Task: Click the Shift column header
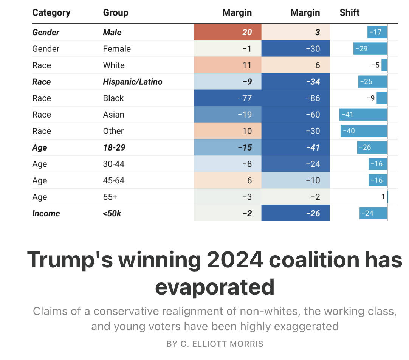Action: (349, 12)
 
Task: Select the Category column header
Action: (51, 12)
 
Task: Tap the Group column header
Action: (115, 12)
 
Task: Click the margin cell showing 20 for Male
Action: (228, 32)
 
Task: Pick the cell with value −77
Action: (228, 98)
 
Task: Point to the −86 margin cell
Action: (296, 98)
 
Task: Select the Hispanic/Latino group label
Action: (132, 82)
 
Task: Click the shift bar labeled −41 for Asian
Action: (363, 115)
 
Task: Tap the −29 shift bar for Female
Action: (370, 49)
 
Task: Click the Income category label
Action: (46, 213)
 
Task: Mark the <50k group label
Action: (112, 213)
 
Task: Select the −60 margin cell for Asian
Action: (296, 115)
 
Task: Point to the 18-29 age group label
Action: (114, 147)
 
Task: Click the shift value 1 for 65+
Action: (383, 197)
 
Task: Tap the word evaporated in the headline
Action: (215, 287)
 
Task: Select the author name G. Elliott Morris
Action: (215, 344)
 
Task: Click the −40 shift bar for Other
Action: (364, 131)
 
